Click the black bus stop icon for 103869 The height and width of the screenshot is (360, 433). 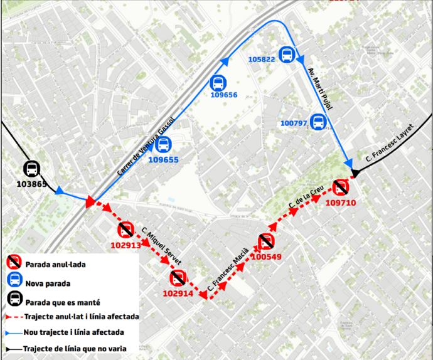pyautogui.click(x=31, y=168)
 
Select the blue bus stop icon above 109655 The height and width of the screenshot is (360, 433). pyautogui.click(x=163, y=146)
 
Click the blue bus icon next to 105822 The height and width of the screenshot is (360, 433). pyautogui.click(x=287, y=55)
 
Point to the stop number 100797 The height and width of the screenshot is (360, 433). pyautogui.click(x=294, y=124)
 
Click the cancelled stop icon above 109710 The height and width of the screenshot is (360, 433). pyautogui.click(x=341, y=187)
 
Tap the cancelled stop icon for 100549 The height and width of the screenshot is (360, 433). pyautogui.click(x=266, y=241)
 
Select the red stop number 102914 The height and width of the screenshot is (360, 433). pyautogui.click(x=178, y=293)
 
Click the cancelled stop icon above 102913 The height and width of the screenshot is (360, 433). pyautogui.click(x=126, y=230)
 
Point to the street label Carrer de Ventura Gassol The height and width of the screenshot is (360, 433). pyautogui.click(x=144, y=147)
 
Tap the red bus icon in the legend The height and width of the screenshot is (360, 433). pyautogui.click(x=13, y=263)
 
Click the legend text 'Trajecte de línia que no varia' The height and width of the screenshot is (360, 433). pyautogui.click(x=75, y=349)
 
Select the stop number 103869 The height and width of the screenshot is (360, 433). pyautogui.click(x=30, y=184)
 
